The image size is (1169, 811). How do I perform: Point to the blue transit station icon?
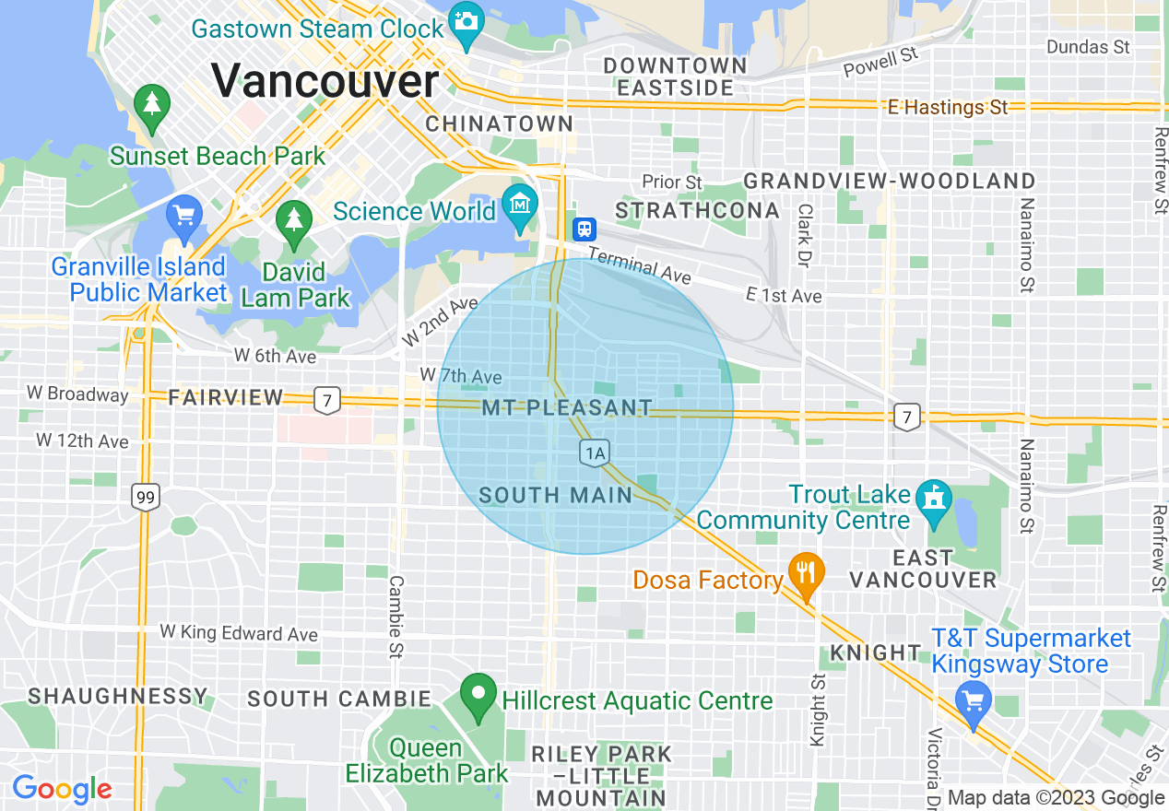(x=584, y=229)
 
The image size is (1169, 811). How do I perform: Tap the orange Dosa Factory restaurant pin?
(x=807, y=575)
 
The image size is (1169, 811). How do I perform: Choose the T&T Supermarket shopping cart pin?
(x=973, y=701)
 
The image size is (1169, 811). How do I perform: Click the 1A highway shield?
(x=595, y=453)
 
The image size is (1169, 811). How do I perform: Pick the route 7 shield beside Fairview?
(x=326, y=400)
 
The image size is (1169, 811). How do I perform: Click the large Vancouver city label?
(x=325, y=80)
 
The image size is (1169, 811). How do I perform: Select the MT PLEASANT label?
(x=567, y=407)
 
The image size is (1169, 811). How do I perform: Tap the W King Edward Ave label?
(x=239, y=633)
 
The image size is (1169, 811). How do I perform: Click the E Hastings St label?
(x=948, y=108)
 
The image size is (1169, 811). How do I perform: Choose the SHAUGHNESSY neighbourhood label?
(x=118, y=696)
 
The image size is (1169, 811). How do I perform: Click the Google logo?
(x=62, y=789)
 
